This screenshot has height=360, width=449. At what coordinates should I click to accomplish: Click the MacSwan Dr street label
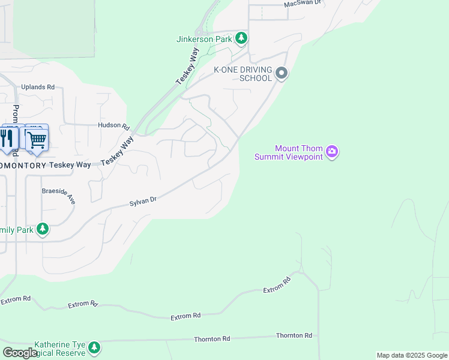[303, 3]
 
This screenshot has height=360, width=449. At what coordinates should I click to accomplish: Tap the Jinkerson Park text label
[204, 40]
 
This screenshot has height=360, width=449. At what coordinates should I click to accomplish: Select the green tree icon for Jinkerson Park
[241, 39]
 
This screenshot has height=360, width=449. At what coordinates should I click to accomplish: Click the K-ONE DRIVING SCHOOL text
[244, 74]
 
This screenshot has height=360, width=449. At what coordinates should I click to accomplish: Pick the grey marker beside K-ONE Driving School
[282, 74]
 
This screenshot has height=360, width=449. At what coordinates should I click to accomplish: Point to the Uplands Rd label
[38, 87]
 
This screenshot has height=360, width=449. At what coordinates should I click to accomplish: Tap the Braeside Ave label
[58, 195]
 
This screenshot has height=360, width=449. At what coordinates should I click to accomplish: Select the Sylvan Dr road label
[143, 203]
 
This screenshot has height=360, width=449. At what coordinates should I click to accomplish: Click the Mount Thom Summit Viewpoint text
[289, 152]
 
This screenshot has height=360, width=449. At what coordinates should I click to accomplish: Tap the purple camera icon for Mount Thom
[332, 152]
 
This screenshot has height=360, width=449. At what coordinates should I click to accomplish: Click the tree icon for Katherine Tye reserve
[94, 347]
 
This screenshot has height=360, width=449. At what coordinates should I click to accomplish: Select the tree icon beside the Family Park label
[42, 229]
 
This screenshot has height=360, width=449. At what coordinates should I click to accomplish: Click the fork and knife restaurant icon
[7, 137]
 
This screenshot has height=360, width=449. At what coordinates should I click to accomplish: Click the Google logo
[20, 353]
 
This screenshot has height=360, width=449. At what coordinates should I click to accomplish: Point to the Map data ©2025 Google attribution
[412, 355]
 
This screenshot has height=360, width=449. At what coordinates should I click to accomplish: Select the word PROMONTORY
[22, 164]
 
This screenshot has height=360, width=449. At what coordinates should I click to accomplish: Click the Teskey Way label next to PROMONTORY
[70, 164]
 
